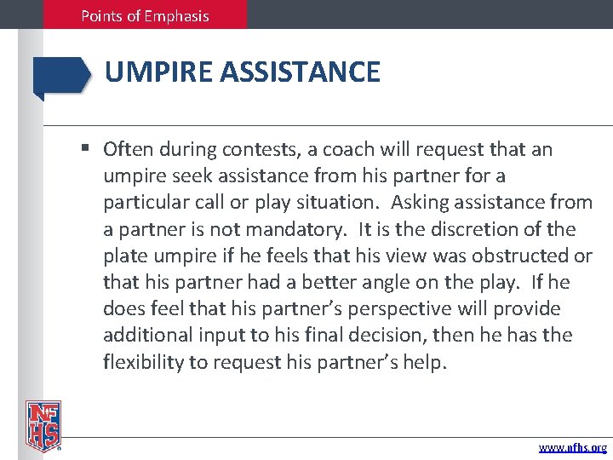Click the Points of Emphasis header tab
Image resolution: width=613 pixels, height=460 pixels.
click(x=145, y=15)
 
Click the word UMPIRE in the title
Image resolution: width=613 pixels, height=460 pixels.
click(x=158, y=72)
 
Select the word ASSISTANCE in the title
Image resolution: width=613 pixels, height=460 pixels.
click(x=299, y=72)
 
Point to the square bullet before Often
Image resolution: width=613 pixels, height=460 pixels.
click(x=86, y=150)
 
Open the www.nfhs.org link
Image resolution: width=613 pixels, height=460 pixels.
click(x=573, y=447)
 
